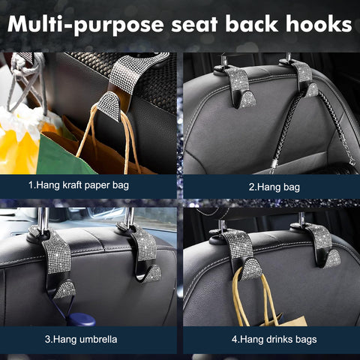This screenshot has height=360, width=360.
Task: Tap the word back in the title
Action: click(256, 24)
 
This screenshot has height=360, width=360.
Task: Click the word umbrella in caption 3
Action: click(98, 338)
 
